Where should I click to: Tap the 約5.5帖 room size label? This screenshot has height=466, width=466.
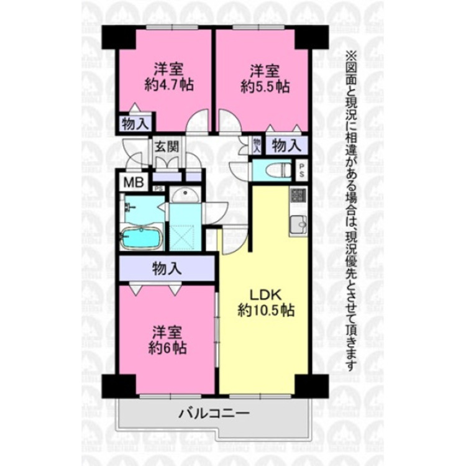click(265, 86)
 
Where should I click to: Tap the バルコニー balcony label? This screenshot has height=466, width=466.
click(214, 413)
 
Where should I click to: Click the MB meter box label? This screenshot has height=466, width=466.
click(133, 183)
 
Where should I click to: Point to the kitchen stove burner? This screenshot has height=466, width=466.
click(296, 195)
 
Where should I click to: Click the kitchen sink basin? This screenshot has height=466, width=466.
click(297, 221)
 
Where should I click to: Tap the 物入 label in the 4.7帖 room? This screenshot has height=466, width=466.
click(134, 123)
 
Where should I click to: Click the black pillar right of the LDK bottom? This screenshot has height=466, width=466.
click(303, 386)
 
